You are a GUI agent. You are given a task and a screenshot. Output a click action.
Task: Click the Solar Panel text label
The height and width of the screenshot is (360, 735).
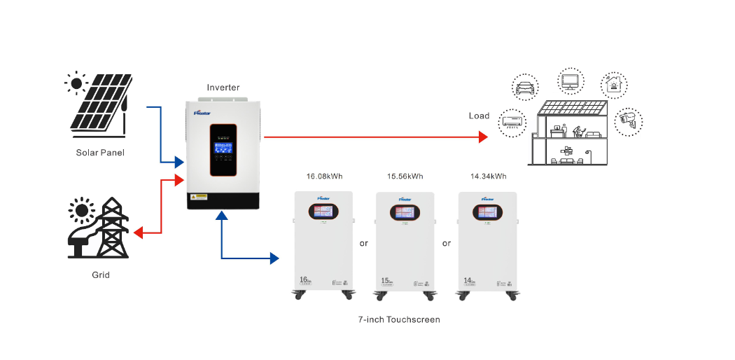tap(100, 152)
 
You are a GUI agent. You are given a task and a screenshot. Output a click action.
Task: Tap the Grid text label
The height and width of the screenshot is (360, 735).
tap(100, 275)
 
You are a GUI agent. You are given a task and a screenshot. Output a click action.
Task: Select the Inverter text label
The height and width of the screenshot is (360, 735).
tap(223, 88)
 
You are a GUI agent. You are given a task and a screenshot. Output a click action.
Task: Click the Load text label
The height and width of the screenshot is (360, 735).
tap(479, 116)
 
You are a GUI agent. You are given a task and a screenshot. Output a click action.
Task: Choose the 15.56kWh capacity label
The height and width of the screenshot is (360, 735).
tap(405, 176)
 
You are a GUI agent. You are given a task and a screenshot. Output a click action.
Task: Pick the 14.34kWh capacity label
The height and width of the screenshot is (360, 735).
tap(489, 176)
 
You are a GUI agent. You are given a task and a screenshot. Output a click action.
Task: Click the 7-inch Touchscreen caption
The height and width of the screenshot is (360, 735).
tap(399, 319)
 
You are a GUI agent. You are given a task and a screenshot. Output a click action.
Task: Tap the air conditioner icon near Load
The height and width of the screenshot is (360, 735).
tap(512, 121)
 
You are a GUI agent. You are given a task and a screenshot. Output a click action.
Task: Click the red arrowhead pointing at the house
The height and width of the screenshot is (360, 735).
tap(482, 137)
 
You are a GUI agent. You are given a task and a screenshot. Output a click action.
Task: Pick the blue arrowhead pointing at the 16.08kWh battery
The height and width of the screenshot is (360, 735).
tap(274, 258)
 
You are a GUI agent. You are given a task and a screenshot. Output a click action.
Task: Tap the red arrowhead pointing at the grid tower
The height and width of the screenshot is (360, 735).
tap(138, 232)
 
